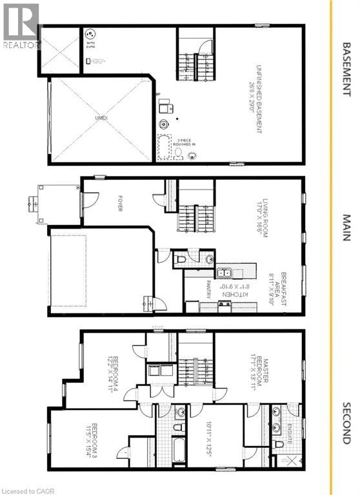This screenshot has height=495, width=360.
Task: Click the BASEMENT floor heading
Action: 346,69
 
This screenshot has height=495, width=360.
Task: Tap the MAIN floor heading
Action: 346,228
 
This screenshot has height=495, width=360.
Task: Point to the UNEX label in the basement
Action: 100,119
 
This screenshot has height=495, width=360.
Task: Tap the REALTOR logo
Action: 21,25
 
